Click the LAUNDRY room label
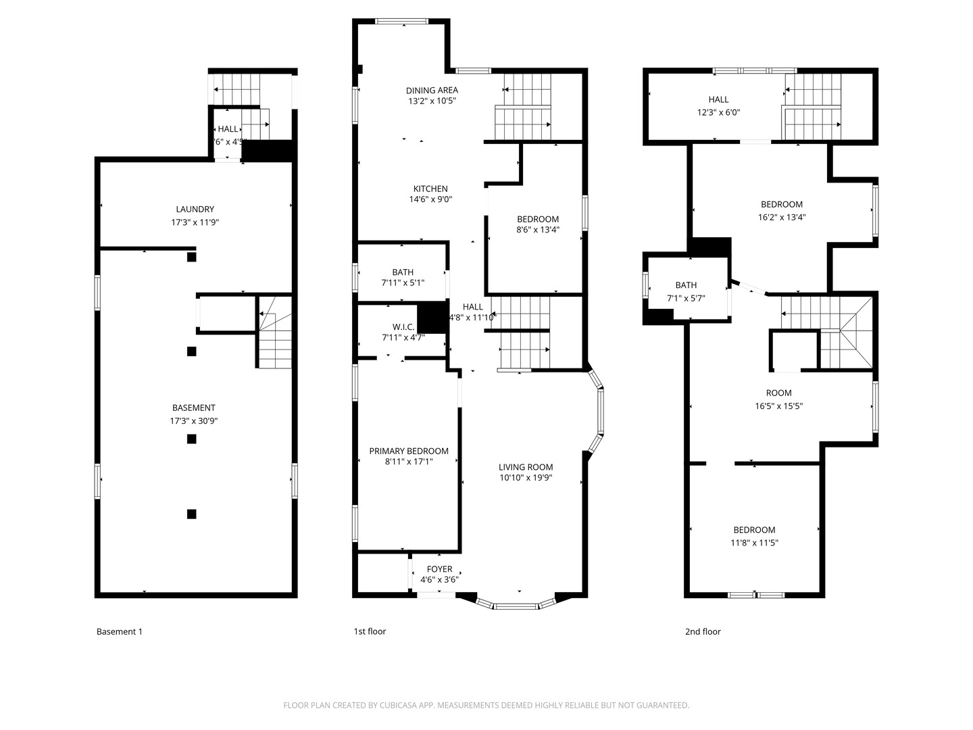pyautogui.click(x=195, y=210)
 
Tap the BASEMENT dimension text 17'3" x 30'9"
pyautogui.click(x=194, y=421)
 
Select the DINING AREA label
pyautogui.click(x=432, y=90)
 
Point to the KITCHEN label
pyautogui.click(x=430, y=189)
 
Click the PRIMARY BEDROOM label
pyautogui.click(x=409, y=451)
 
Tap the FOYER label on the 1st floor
pyautogui.click(x=439, y=569)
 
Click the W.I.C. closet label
pyautogui.click(x=403, y=326)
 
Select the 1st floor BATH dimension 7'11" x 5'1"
pyautogui.click(x=403, y=283)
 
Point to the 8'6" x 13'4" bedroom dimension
pyautogui.click(x=538, y=230)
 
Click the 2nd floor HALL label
pyautogui.click(x=718, y=99)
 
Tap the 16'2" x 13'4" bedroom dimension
pyautogui.click(x=782, y=218)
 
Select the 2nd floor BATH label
pyautogui.click(x=686, y=285)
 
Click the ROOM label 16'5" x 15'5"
pyautogui.click(x=778, y=393)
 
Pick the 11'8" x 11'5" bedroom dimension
pyautogui.click(x=754, y=543)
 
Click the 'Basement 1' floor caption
pyautogui.click(x=120, y=632)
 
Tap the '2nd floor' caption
pyautogui.click(x=703, y=632)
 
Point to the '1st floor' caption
pyautogui.click(x=370, y=632)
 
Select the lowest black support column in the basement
pyautogui.click(x=191, y=514)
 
